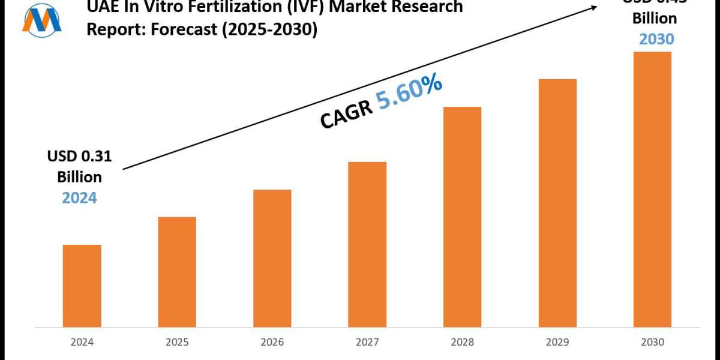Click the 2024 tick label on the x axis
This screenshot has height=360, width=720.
point(82,343)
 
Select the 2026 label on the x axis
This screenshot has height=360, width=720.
point(272,343)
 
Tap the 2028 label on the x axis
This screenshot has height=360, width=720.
point(462,343)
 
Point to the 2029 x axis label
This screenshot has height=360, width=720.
point(557,343)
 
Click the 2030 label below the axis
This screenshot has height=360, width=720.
point(652,343)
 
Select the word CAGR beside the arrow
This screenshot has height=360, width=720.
point(346,114)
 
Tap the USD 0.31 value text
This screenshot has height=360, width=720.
point(80,157)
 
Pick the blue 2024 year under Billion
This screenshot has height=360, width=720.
point(79,197)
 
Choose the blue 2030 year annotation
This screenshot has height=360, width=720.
point(656,39)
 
